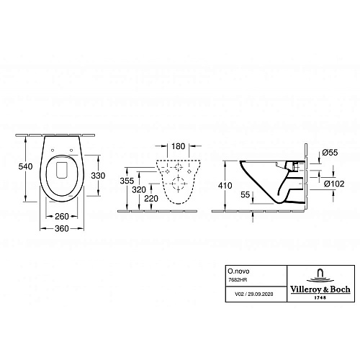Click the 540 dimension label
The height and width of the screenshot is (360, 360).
point(25,166)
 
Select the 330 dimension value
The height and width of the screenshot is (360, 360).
point(98,176)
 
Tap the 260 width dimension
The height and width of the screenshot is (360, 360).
point(62,217)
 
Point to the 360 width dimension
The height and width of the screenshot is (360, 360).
point(62,228)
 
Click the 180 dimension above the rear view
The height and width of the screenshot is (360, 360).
point(178,146)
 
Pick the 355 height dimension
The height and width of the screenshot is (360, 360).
point(127,181)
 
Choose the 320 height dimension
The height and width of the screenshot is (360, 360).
point(139,190)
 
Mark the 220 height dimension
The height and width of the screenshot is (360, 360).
point(151,199)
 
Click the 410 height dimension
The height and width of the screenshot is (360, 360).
point(225,186)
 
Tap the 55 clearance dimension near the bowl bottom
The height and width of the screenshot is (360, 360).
point(246,194)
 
